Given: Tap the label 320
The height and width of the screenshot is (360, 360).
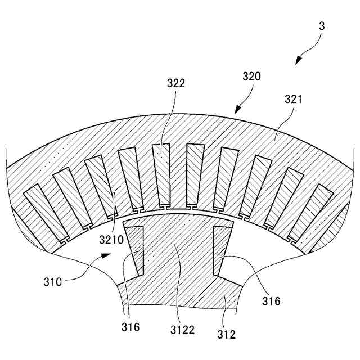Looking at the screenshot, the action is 251,76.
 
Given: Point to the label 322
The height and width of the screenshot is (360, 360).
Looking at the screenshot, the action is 176,83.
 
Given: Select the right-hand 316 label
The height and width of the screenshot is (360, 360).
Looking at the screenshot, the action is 271,301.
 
